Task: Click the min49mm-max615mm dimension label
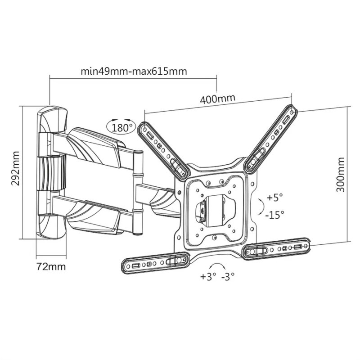(133, 71)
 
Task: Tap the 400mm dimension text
(218, 98)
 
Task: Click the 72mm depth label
(51, 266)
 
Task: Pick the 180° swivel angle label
(121, 127)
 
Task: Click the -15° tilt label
(274, 215)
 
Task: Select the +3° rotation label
(208, 276)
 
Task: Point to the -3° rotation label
(228, 276)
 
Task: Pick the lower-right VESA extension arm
(276, 248)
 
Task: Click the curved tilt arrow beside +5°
(260, 206)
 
